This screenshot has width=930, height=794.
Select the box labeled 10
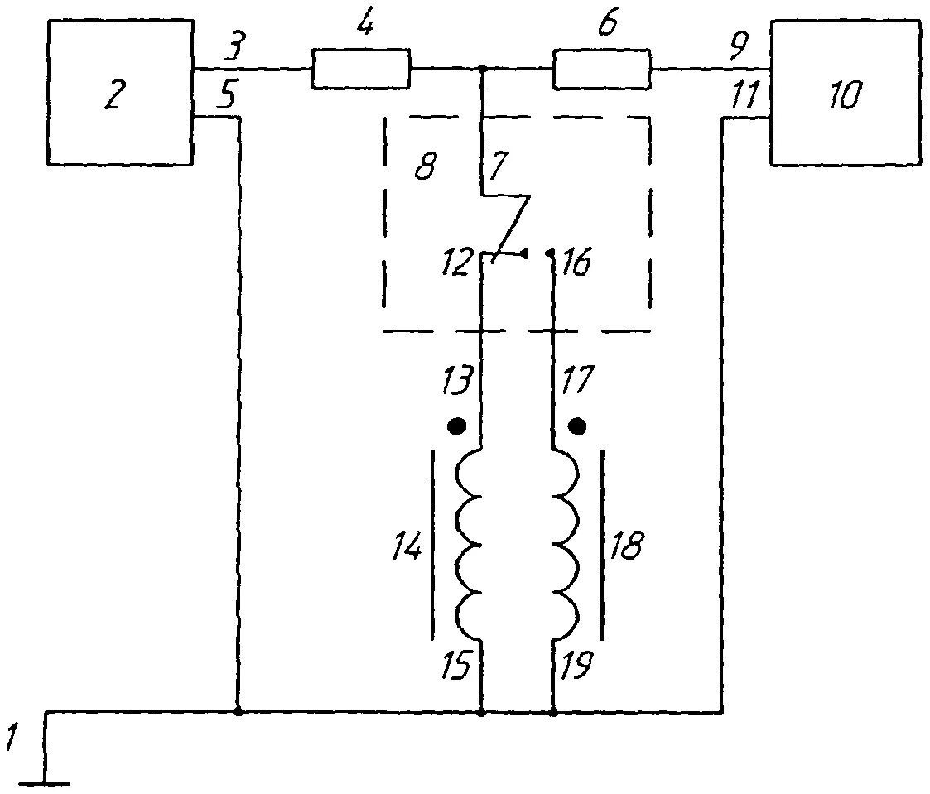[845, 93]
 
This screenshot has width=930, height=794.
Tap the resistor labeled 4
[360, 69]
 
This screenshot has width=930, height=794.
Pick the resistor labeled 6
[601, 69]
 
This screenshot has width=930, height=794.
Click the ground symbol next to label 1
[46, 778]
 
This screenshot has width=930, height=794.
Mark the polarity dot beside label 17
[579, 426]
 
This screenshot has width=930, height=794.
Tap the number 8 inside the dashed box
[423, 167]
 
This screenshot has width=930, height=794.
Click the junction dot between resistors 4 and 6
[482, 70]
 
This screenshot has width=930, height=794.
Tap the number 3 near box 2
[235, 51]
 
